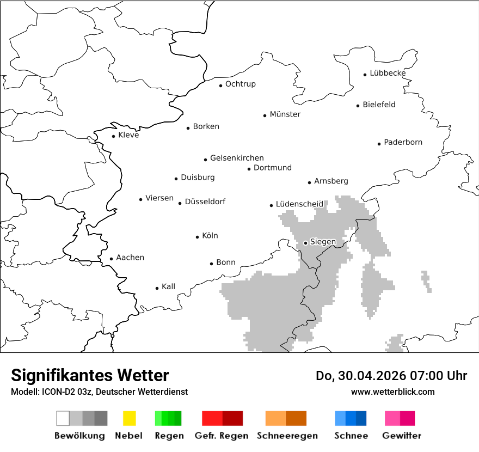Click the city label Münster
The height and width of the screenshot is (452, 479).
coord(285,114)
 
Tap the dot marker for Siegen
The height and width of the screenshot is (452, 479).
coord(305,243)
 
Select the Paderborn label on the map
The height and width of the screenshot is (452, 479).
coord(403,143)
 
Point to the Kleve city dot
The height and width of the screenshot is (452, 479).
coord(113,136)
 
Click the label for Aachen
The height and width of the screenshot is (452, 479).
coord(130,258)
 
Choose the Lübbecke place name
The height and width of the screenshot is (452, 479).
coord(388,73)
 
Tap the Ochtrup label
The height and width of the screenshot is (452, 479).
coord(240,84)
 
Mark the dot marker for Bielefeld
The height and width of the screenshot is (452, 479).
coord(358,106)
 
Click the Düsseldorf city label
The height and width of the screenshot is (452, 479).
coord(205,201)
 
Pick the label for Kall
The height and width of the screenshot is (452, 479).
coord(168,286)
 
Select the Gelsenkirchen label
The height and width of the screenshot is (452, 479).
coord(237,158)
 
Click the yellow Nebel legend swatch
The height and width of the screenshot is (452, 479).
coord(129,418)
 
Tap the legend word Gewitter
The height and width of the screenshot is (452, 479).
coord(401,436)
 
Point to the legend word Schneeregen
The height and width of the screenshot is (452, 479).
coord(287,436)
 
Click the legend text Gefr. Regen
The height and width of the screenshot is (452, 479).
coord(222,436)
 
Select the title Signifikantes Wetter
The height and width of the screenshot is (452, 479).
coord(90,376)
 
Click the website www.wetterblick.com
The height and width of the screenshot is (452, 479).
coord(392,392)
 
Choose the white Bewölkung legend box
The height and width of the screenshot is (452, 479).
coord(63,418)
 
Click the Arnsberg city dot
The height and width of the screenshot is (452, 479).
coord(309,182)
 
